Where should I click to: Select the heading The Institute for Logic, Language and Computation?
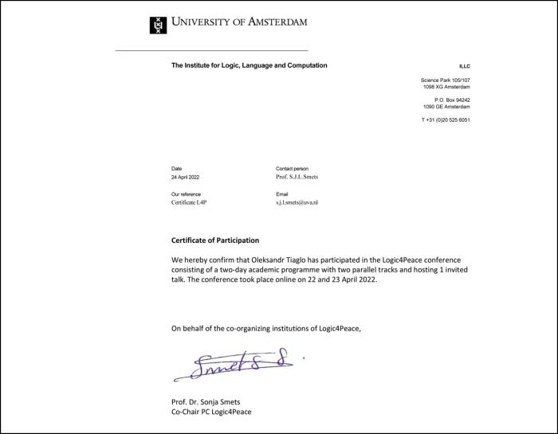pos(249,65)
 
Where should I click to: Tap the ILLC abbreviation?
pos(464,66)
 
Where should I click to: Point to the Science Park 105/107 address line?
pos(445,80)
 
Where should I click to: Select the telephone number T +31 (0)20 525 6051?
pos(446,119)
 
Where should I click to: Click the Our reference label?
pos(186,194)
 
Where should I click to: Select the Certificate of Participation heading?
pos(215,240)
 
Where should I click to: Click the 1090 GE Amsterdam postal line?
pos(446,106)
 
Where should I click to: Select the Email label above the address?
pos(281,194)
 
